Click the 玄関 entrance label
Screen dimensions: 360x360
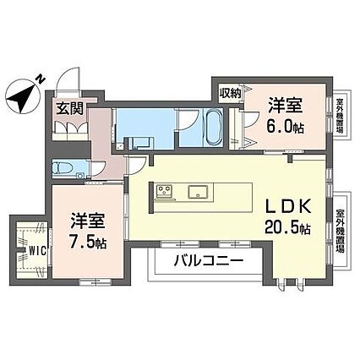[70, 109]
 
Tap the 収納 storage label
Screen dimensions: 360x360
[230, 93]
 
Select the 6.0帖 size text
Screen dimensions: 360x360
[285, 127]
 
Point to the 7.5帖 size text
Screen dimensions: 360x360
[88, 243]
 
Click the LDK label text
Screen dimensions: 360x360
[288, 207]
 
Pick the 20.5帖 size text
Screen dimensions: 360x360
[287, 227]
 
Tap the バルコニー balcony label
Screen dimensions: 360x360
[208, 261]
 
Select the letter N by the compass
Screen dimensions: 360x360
[41, 79]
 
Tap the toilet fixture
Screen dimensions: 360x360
[63, 168]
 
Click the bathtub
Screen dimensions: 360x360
[213, 128]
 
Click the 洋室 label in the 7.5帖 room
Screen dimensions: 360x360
[88, 221]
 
